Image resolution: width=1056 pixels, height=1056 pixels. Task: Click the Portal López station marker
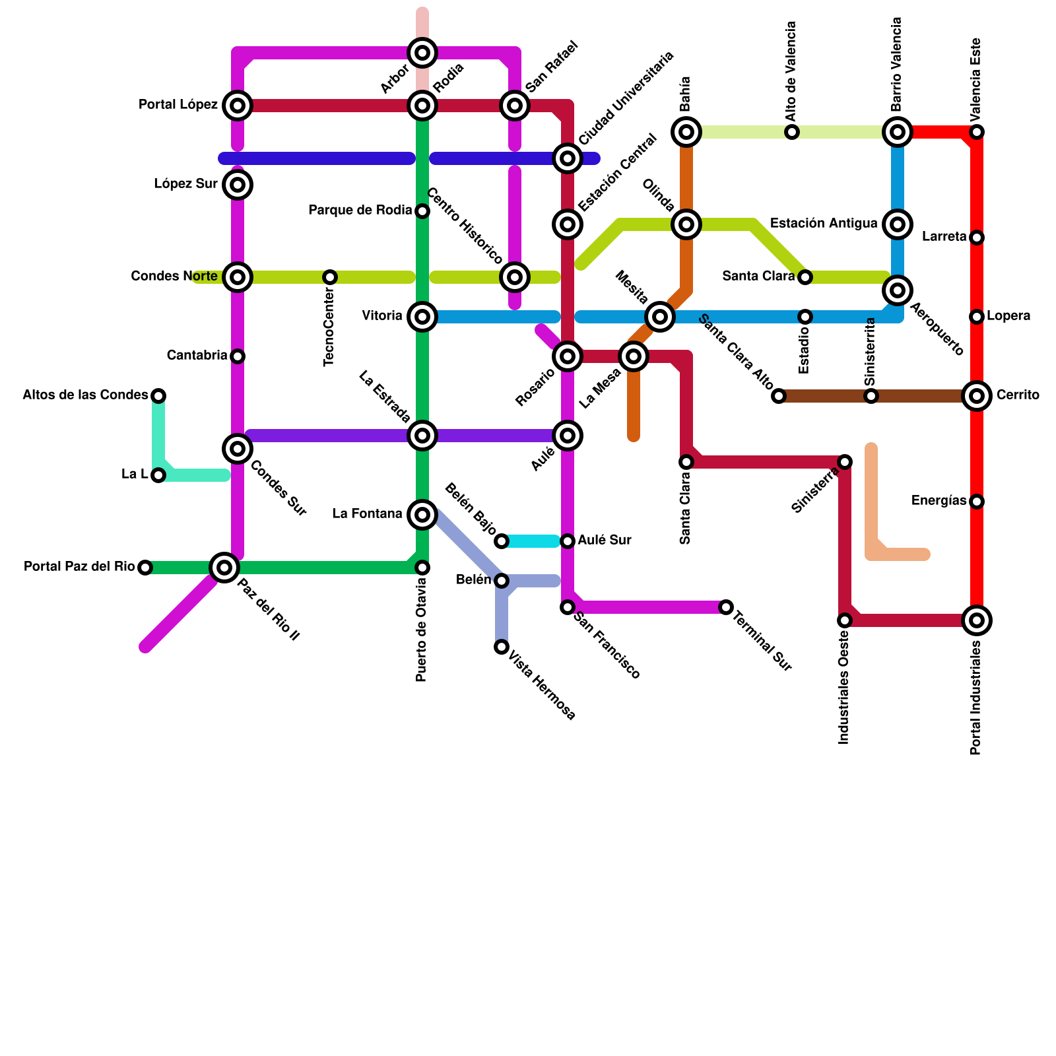tap(238, 106)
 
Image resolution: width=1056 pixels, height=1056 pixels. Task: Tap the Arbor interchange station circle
tap(422, 53)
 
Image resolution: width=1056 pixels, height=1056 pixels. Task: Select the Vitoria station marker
tap(422, 317)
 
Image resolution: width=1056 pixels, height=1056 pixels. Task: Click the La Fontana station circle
tap(422, 514)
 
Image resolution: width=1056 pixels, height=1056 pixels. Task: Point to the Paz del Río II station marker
tap(224, 567)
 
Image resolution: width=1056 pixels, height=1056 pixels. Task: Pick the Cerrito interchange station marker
tap(977, 396)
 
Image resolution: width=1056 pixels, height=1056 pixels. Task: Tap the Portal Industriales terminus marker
tap(977, 620)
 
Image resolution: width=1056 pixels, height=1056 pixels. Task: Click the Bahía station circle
tap(686, 132)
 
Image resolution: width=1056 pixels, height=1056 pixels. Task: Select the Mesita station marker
tap(660, 317)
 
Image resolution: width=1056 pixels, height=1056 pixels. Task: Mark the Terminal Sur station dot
tap(726, 607)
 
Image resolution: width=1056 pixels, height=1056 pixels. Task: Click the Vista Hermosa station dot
tap(502, 646)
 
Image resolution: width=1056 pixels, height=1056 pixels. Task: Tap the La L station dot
tap(158, 475)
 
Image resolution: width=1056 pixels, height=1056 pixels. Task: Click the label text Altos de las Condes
tap(85, 395)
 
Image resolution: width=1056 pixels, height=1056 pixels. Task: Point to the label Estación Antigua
tap(824, 224)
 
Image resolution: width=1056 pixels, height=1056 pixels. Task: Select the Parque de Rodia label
tap(360, 211)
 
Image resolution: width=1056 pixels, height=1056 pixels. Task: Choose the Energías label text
tap(939, 501)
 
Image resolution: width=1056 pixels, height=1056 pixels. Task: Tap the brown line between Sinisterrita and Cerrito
tap(924, 396)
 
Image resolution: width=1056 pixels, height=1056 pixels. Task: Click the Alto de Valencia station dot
tap(792, 132)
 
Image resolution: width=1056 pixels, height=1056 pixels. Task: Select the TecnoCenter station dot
tap(330, 277)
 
